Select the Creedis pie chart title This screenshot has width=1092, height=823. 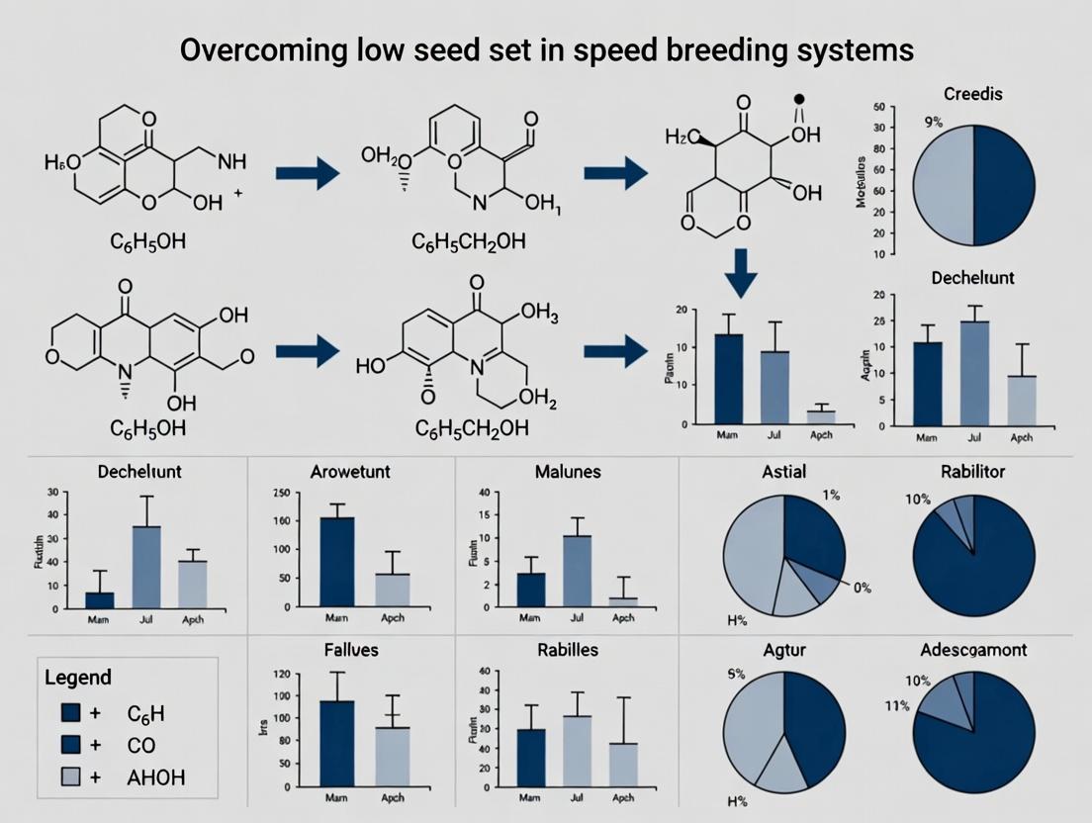(973, 94)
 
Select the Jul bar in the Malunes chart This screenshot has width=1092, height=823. (578, 569)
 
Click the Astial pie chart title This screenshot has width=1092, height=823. (784, 472)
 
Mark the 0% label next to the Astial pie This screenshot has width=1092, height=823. (861, 588)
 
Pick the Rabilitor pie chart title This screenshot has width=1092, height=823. (972, 472)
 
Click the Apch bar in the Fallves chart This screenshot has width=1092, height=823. (393, 757)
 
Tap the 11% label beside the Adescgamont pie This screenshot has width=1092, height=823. (896, 705)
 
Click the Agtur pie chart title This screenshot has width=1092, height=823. (782, 650)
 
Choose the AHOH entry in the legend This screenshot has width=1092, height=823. (156, 777)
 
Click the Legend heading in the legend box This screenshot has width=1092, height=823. (78, 679)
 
